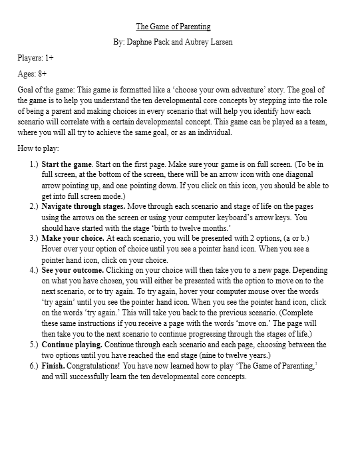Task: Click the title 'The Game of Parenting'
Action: coord(173,27)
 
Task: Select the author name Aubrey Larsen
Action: coord(209,41)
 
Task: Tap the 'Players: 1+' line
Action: coord(36,58)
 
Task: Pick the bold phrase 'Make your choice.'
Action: coord(71,237)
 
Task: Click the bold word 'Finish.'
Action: coord(53,367)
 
